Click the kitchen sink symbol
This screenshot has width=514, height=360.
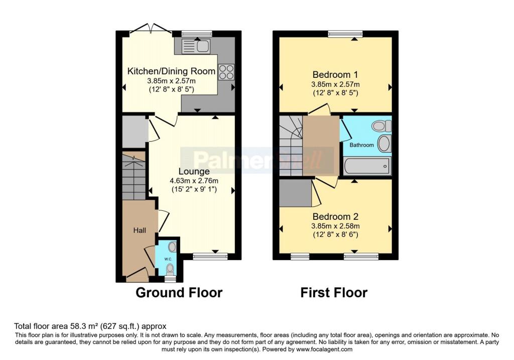tap(195, 46)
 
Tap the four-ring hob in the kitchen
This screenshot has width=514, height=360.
tap(226, 72)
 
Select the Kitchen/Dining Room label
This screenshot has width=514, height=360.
tap(171, 71)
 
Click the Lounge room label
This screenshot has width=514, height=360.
tap(194, 172)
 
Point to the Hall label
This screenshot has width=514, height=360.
tap(140, 230)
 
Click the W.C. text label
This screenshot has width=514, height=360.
tap(168, 259)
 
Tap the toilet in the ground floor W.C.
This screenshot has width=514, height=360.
tap(170, 270)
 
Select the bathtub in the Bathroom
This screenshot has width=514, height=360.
tap(367, 166)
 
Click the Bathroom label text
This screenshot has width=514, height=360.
tap(361, 145)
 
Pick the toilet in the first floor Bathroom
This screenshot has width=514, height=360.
tap(382, 126)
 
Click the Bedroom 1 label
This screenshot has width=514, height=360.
tap(335, 75)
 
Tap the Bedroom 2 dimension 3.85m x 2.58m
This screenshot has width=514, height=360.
tap(335, 226)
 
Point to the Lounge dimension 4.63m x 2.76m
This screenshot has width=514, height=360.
tap(194, 181)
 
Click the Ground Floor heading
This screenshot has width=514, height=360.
tap(179, 292)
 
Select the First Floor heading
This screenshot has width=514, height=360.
tap(334, 292)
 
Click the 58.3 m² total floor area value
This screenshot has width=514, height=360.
tap(84, 326)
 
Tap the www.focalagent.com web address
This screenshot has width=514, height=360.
tap(325, 349)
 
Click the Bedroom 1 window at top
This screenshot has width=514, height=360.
tap(345, 34)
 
